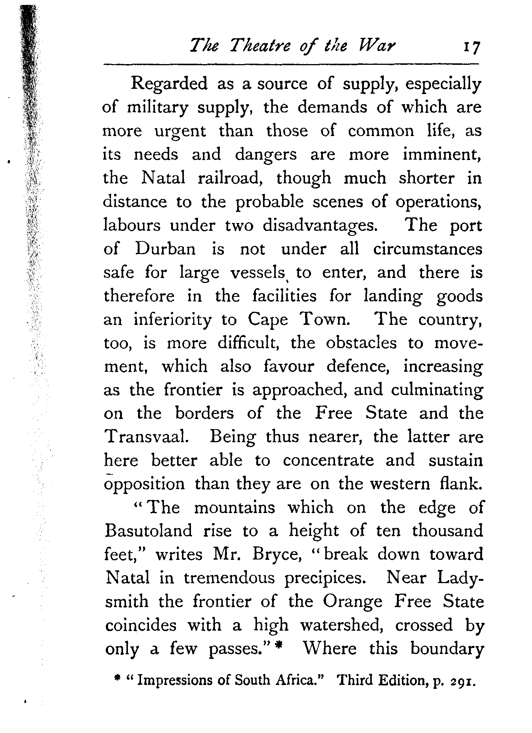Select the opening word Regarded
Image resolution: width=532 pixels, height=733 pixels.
pos(169,84)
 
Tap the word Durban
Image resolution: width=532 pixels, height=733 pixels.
pos(165,249)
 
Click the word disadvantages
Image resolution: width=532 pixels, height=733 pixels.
pos(320,226)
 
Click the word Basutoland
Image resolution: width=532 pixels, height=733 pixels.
pos(149,531)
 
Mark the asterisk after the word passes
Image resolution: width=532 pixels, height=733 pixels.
pos(278,648)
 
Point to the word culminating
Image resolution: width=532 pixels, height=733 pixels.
pos(437,390)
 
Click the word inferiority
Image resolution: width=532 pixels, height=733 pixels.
pos(173,320)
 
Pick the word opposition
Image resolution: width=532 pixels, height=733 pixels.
pos(144,484)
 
